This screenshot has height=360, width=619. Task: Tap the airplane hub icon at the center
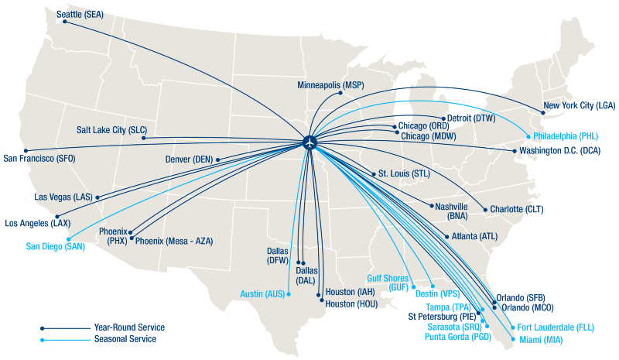[309, 143]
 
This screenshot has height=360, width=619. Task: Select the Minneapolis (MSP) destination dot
[340, 94]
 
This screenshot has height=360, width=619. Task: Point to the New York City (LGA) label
[579, 105]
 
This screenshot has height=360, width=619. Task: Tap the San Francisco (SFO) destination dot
[26, 150]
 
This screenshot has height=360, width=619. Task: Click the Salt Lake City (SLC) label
[111, 130]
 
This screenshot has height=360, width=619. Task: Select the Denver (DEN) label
[188, 159]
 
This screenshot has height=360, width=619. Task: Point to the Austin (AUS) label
[262, 293]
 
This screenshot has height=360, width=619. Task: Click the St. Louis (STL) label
[403, 173]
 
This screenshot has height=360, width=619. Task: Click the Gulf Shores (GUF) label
[388, 282]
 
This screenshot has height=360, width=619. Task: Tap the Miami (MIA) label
[540, 339]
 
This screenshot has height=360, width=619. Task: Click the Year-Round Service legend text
[128, 327]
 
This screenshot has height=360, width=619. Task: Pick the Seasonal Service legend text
[125, 339]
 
